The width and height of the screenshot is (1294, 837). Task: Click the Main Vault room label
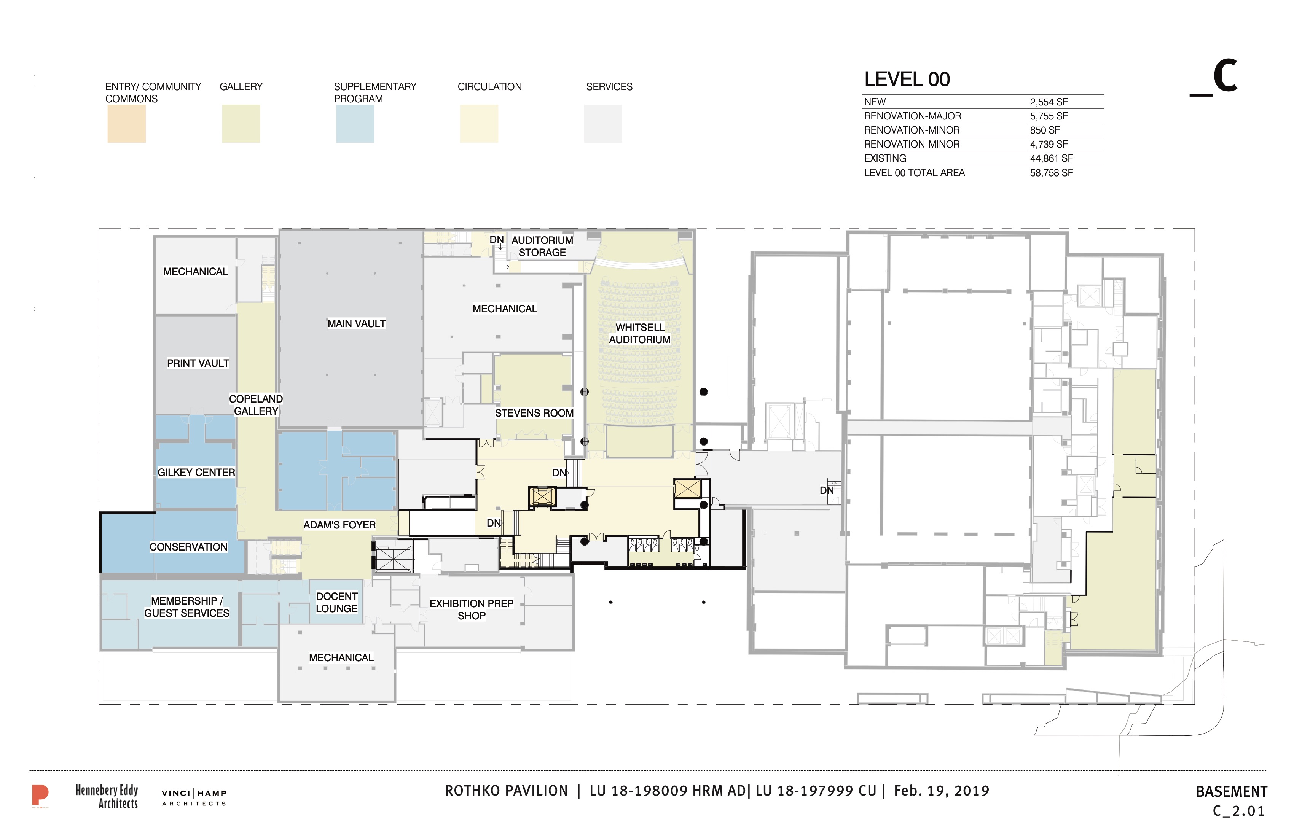coord(356,323)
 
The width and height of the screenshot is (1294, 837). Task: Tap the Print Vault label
coord(198,363)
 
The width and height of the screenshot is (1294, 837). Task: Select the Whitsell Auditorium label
coord(639,333)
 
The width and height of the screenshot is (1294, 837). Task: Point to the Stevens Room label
coord(534,413)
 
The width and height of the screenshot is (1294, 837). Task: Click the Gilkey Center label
coord(196,472)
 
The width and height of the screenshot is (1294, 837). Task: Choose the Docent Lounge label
coord(336,602)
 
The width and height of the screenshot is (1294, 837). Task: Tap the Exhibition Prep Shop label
coord(472,610)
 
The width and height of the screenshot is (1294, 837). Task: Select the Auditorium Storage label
coord(542,246)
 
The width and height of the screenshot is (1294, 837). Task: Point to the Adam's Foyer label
coord(339,525)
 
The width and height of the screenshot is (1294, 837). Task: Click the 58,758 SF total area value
coord(1052,173)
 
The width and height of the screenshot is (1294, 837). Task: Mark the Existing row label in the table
coord(885,158)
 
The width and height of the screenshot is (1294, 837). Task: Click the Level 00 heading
coord(907,80)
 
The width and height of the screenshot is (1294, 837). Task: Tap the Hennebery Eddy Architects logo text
coord(107,797)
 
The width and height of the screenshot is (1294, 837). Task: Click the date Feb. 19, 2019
coord(942,791)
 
